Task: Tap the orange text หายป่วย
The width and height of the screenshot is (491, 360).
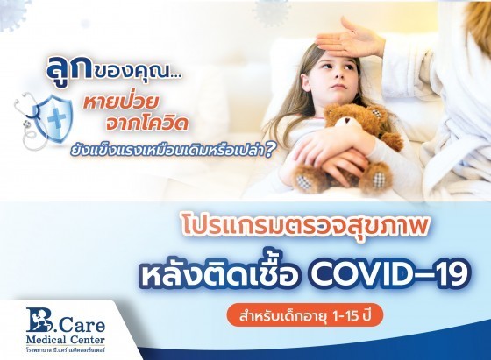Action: pyautogui.click(x=119, y=103)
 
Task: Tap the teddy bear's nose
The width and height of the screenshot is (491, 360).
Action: pyautogui.click(x=346, y=121)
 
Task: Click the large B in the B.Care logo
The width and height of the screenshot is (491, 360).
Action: pyautogui.click(x=39, y=320)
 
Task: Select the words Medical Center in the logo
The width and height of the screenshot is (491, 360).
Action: pyautogui.click(x=66, y=339)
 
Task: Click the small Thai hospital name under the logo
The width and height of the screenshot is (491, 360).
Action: pyautogui.click(x=66, y=349)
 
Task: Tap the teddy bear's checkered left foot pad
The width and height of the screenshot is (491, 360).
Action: pyautogui.click(x=302, y=182)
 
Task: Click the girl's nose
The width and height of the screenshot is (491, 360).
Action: pyautogui.click(x=338, y=75)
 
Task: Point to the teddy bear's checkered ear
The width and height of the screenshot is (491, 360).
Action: pyautogui.click(x=377, y=112)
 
